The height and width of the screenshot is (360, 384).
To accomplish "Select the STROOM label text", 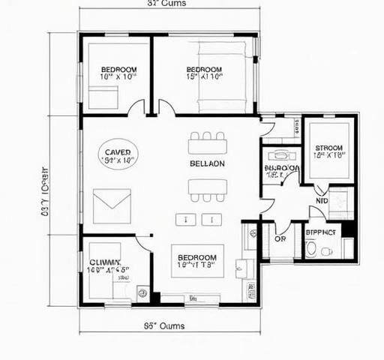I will pos(328,148).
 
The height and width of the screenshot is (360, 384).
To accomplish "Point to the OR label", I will pos(280,239).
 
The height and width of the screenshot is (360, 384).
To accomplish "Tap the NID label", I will pos(322,201).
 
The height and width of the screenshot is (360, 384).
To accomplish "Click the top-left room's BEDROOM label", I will pos(118,70).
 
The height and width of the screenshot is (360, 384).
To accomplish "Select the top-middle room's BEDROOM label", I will pos(204,70).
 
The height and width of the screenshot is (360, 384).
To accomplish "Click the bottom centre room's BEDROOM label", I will pos(197,256).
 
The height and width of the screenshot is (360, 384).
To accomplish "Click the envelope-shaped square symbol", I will pos(112,202).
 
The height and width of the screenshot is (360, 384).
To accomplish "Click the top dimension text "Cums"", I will pos(166,4).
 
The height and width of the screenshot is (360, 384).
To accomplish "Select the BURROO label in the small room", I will pos(281,169).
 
